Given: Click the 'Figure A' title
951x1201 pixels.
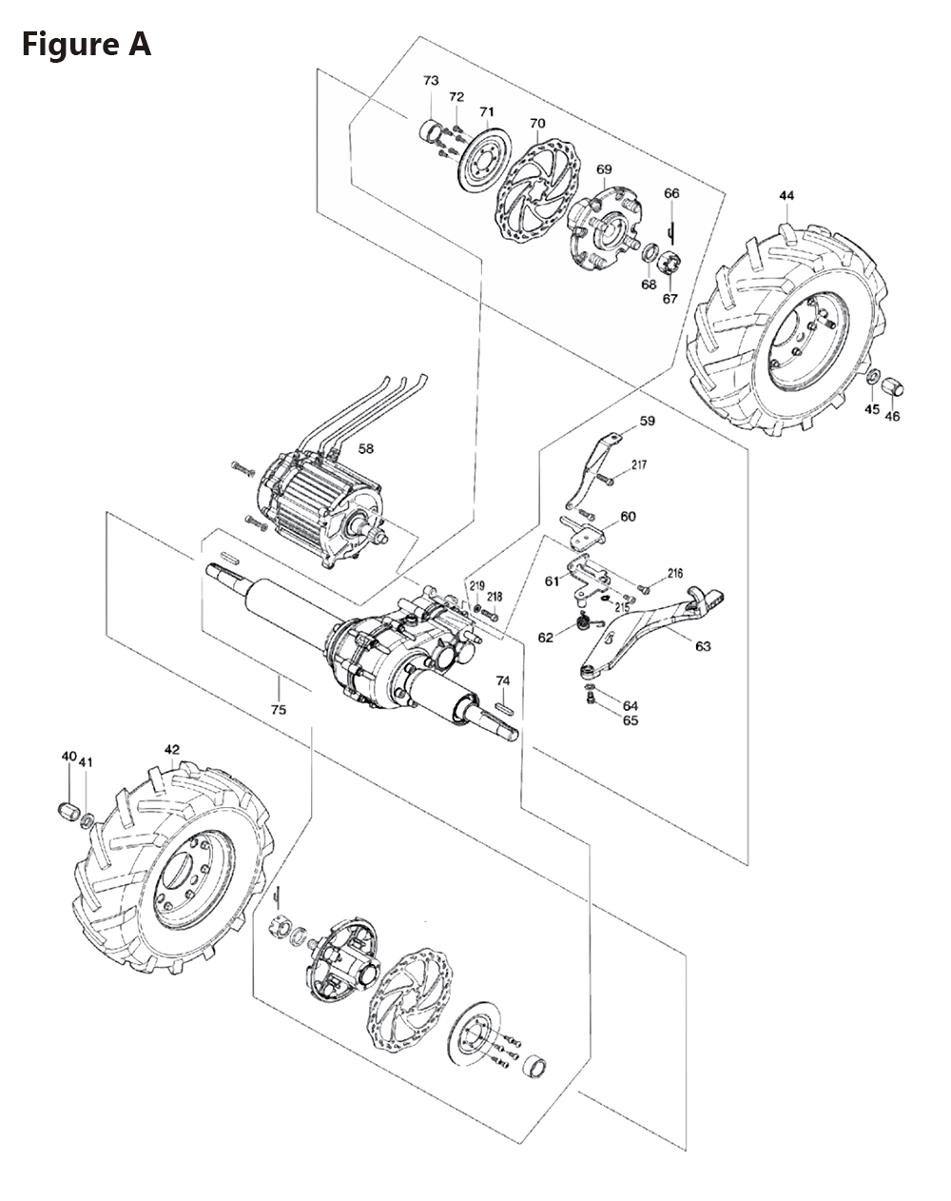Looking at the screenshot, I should (x=87, y=44).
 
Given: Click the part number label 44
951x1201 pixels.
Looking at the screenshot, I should (x=786, y=196).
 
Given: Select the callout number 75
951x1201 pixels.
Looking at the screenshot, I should (x=278, y=710).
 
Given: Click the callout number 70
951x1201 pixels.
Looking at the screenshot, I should (x=537, y=124).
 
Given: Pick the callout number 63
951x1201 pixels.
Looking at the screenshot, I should (x=703, y=647).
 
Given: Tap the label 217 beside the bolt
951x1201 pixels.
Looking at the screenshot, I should (x=638, y=465).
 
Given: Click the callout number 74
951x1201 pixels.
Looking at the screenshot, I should (x=503, y=680).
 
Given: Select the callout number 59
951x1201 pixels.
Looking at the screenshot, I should (x=648, y=420).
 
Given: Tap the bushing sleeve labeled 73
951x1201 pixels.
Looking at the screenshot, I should (x=432, y=128).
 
